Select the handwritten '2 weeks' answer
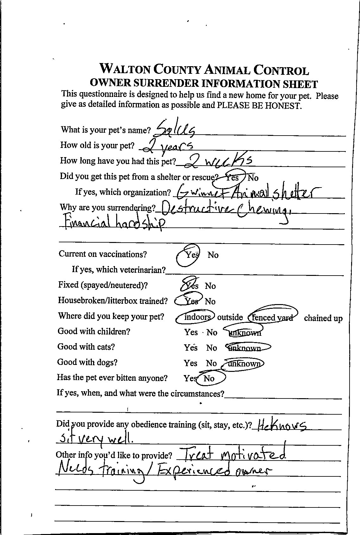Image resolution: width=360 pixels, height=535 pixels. [218, 162]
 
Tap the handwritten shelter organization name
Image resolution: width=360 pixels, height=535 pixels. [249, 192]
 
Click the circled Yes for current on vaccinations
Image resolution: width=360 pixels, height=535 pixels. [191, 255]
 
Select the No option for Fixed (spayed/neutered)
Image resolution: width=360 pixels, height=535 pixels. [210, 286]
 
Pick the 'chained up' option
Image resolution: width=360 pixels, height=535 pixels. [323, 318]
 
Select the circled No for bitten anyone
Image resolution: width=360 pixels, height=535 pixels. [209, 379]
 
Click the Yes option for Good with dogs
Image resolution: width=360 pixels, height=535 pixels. [190, 363]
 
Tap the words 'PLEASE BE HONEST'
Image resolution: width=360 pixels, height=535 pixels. [258, 105]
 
